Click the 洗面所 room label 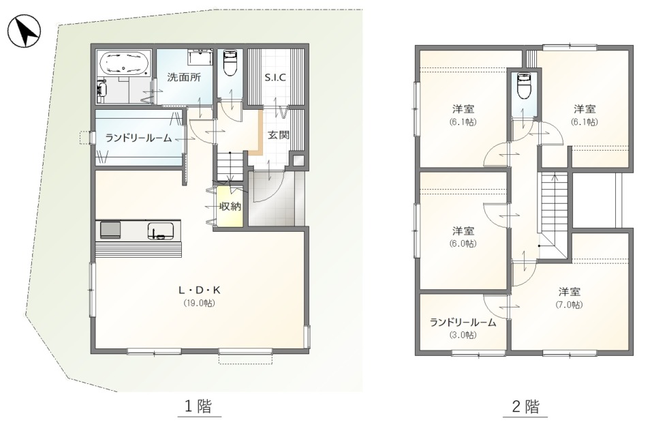point(184,77)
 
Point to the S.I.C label point(275,77)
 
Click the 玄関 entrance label point(278,134)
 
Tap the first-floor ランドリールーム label point(138,138)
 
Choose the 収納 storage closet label point(229,207)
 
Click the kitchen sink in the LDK point(160,231)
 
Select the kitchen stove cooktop point(110,230)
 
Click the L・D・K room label point(198,290)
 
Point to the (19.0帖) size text point(198,303)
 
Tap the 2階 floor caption point(525,407)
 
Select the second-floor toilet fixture point(524,87)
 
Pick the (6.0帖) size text point(463,243)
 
